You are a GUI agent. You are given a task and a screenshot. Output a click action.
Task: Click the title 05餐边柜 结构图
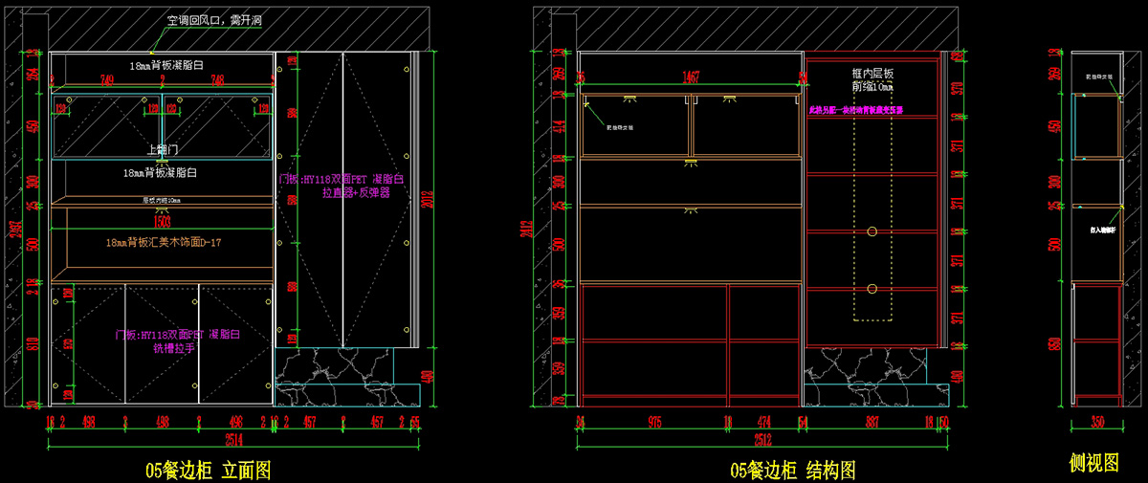pos(793,470)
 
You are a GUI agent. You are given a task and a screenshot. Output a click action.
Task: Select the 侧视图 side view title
pos(1094,464)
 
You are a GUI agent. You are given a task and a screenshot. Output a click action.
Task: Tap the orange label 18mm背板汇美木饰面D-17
pos(164,243)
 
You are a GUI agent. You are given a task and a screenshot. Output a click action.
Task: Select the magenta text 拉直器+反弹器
pos(356,192)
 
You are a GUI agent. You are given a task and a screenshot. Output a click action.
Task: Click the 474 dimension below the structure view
pos(765,421)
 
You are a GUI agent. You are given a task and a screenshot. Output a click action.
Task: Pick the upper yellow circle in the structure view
pos(872,231)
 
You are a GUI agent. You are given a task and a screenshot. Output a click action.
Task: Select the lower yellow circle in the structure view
pos(872,288)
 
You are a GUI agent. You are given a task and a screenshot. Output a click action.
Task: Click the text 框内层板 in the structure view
pos(872,73)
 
